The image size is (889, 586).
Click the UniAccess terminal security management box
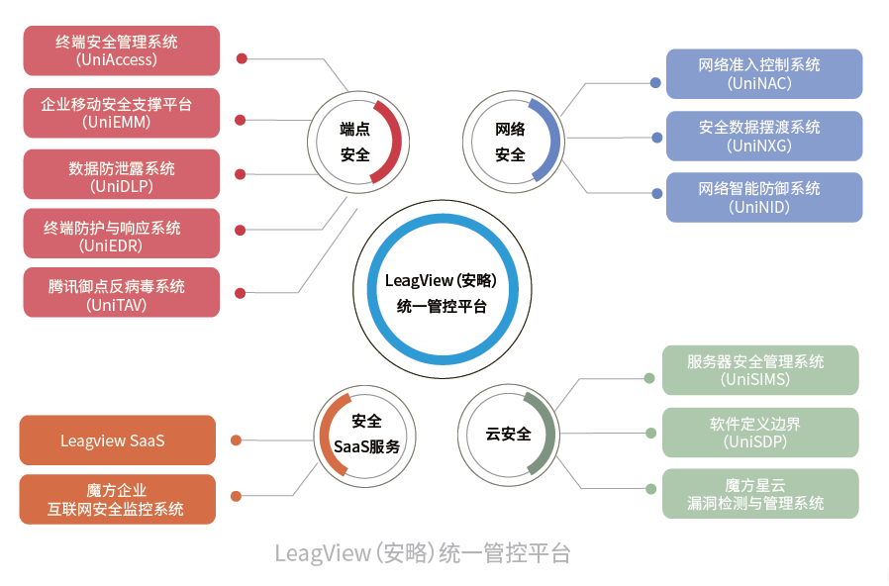coord(121,50)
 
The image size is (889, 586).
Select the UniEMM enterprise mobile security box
coord(121,113)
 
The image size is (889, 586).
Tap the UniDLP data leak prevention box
coord(121,176)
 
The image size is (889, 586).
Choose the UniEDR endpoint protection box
coord(121,237)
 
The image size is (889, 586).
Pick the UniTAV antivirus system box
coord(121,295)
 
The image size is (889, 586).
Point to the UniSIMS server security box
coord(759,370)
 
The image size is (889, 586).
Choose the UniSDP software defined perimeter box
coord(759,433)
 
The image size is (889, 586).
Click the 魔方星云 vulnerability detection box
coord(759,494)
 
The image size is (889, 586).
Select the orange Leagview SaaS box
coord(117,440)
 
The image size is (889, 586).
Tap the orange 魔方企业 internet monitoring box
coord(117,499)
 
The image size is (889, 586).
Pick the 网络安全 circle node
coord(511,142)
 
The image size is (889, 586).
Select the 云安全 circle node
coord(509,434)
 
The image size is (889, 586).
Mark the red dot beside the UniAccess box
coord(242,58)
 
